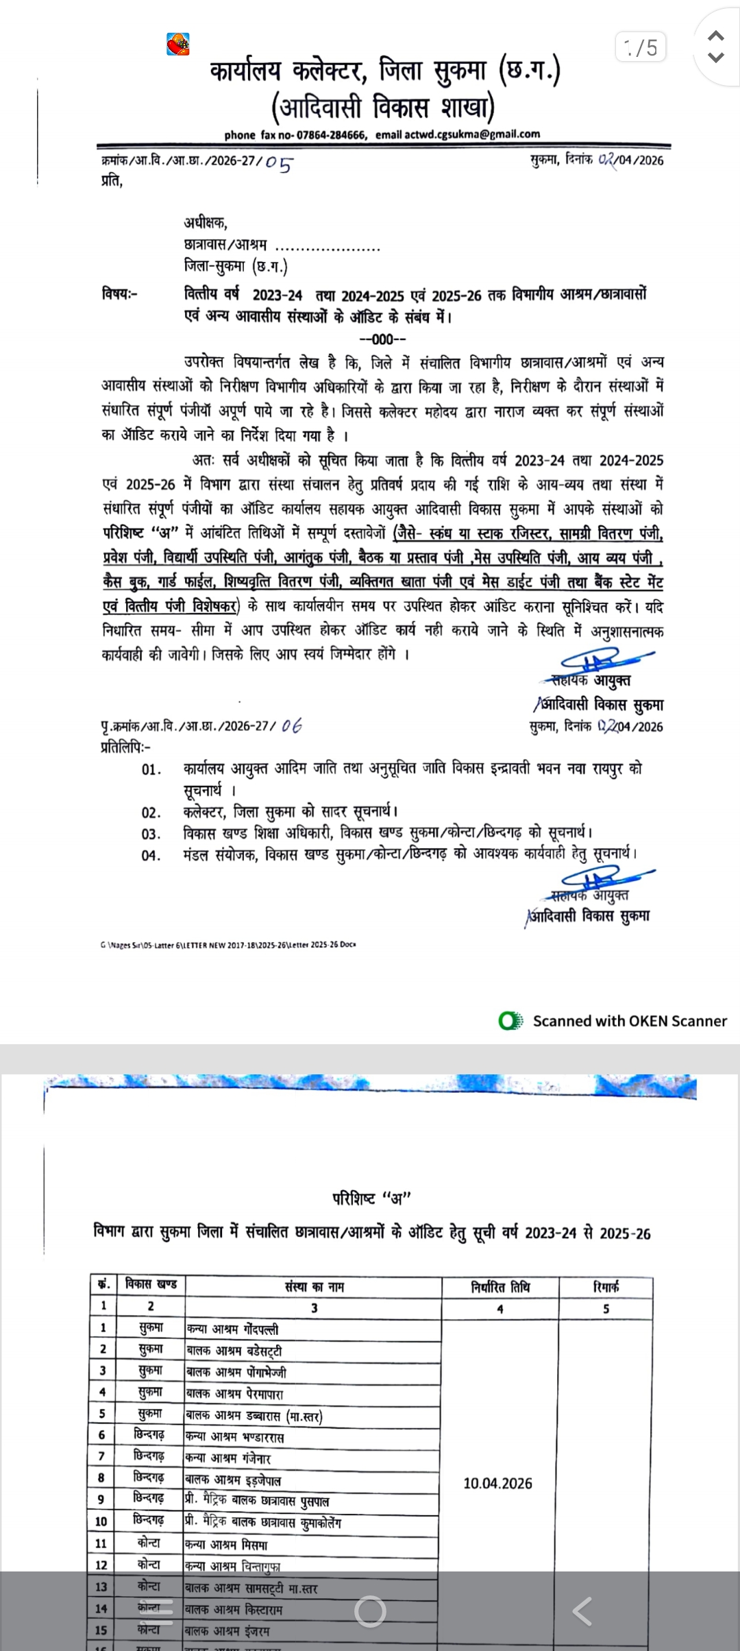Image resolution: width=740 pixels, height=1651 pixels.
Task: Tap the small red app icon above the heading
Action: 178,45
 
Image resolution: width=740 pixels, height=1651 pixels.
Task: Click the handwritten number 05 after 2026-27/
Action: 278,163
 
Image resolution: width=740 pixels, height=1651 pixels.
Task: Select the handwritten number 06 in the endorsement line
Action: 291,726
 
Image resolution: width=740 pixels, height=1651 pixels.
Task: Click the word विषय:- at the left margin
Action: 120,294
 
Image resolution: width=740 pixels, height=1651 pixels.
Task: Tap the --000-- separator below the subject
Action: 383,339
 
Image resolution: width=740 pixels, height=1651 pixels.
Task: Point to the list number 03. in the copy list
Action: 151,834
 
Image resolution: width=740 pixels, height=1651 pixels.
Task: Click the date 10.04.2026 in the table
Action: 497,1483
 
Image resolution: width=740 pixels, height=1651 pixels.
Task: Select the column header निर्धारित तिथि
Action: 500,1287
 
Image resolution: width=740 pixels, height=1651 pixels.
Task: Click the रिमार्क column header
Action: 606,1287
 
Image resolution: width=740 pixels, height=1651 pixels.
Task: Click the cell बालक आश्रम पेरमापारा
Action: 234,1394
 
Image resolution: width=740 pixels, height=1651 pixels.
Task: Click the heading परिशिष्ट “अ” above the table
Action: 371,1198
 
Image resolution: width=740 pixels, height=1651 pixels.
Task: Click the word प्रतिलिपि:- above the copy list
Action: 126,747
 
